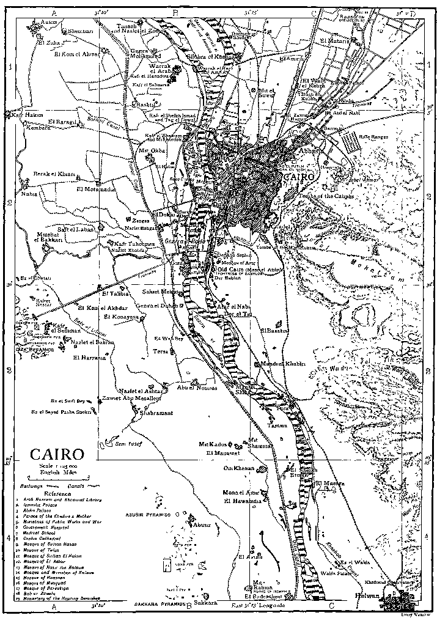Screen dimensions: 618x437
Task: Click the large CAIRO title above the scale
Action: (58, 455)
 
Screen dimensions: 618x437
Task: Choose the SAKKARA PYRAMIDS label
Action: (154, 604)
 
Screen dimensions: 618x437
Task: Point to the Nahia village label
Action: (29, 194)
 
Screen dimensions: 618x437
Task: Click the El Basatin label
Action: (274, 331)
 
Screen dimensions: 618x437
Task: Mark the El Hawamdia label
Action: (243, 502)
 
